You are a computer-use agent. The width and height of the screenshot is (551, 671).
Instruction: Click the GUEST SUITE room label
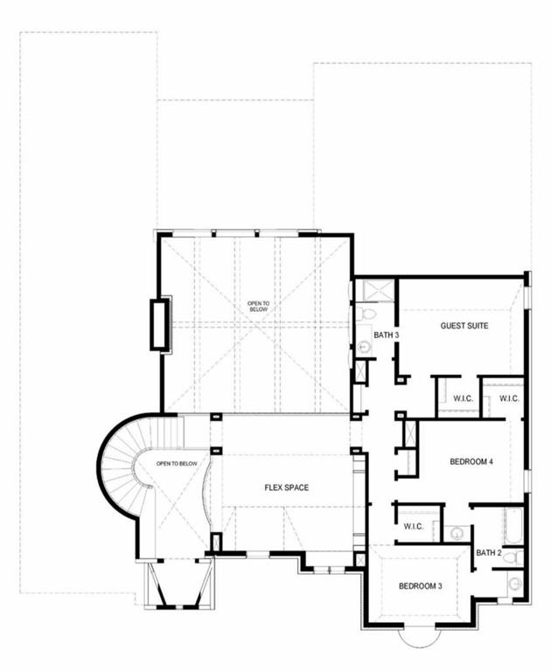464,326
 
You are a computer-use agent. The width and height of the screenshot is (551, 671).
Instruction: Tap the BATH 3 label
386,335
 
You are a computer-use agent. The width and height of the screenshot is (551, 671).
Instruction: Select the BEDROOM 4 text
472,461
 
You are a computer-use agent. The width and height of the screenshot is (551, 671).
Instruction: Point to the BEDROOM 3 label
420,585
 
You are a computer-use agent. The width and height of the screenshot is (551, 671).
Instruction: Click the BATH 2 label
488,552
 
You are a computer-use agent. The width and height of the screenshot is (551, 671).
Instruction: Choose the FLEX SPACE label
287,488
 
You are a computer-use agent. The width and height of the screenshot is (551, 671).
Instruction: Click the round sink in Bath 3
364,347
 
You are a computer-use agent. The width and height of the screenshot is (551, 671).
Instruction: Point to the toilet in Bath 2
517,557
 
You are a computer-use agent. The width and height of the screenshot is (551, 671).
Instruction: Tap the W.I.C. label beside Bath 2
414,526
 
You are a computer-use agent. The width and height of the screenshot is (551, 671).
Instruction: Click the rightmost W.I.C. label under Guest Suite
509,399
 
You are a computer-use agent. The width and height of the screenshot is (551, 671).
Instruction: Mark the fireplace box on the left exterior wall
159,324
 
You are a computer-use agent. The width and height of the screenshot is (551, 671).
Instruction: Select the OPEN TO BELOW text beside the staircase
176,463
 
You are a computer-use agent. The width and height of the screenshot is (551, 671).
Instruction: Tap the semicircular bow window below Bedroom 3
420,639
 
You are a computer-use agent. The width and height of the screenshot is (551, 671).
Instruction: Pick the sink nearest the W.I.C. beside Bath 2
457,532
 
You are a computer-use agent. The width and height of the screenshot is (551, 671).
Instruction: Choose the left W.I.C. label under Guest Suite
463,399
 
